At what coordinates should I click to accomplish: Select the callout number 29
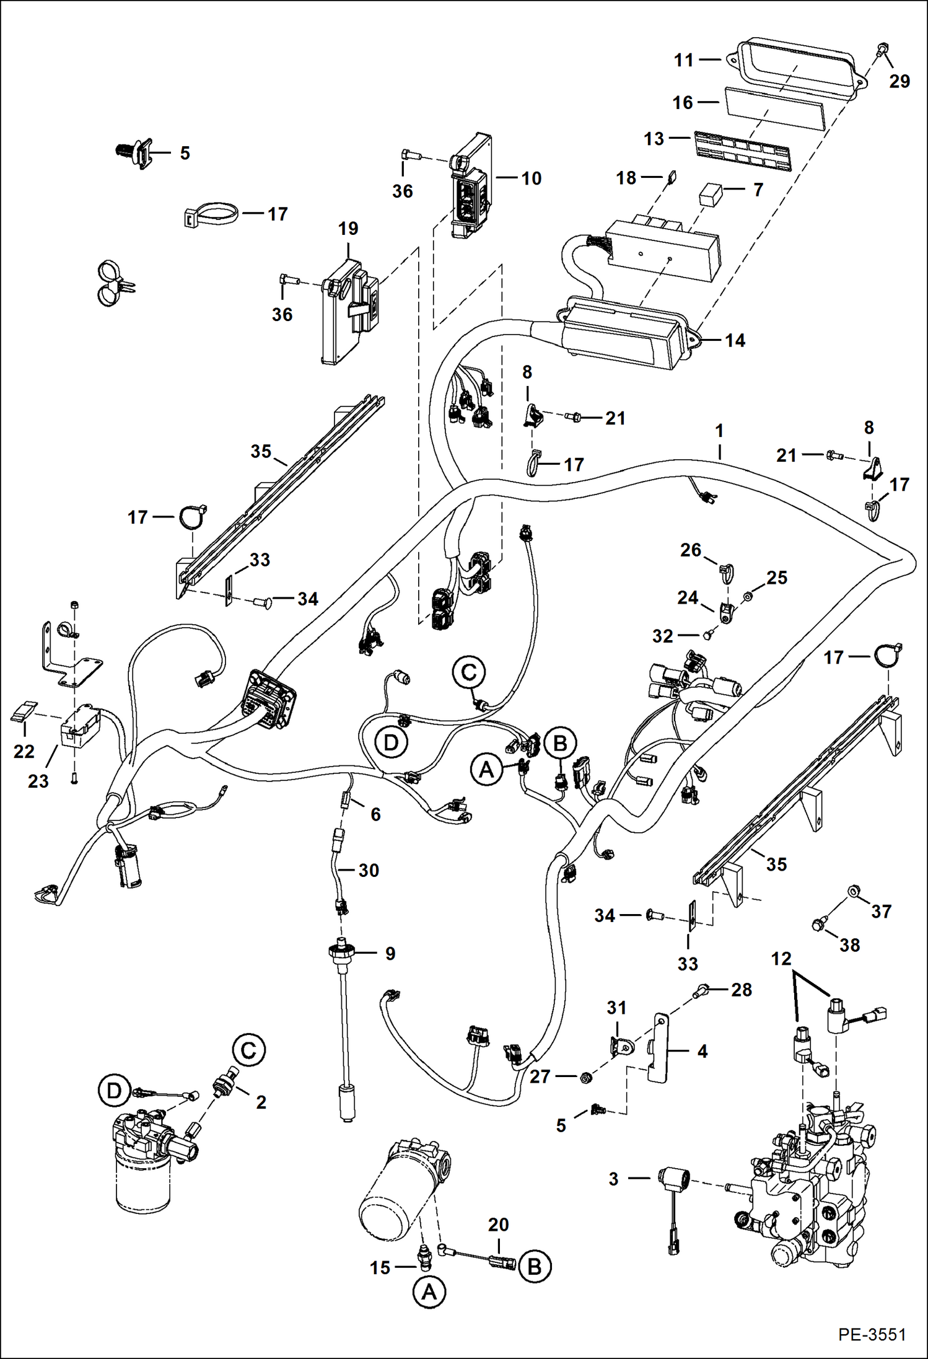900,81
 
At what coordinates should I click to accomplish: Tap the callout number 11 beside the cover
684,60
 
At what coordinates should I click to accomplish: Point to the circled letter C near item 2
248,1050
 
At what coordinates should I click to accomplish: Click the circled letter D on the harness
391,742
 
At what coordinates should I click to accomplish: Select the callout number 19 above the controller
348,229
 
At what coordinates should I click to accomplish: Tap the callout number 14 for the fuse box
735,340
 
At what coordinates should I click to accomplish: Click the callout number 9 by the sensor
390,953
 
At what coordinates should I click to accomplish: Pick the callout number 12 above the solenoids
781,959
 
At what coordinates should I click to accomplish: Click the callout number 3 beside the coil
613,1179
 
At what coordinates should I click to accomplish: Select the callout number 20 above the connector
498,1225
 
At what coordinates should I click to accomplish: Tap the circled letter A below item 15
429,1293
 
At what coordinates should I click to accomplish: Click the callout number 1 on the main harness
719,430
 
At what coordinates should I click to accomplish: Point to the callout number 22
24,751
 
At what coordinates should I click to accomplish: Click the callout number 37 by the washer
881,911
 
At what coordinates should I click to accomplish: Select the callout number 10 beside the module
531,178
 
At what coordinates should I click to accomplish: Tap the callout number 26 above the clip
691,550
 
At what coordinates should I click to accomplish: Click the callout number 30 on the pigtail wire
369,870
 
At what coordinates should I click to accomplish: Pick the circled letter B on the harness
560,742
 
